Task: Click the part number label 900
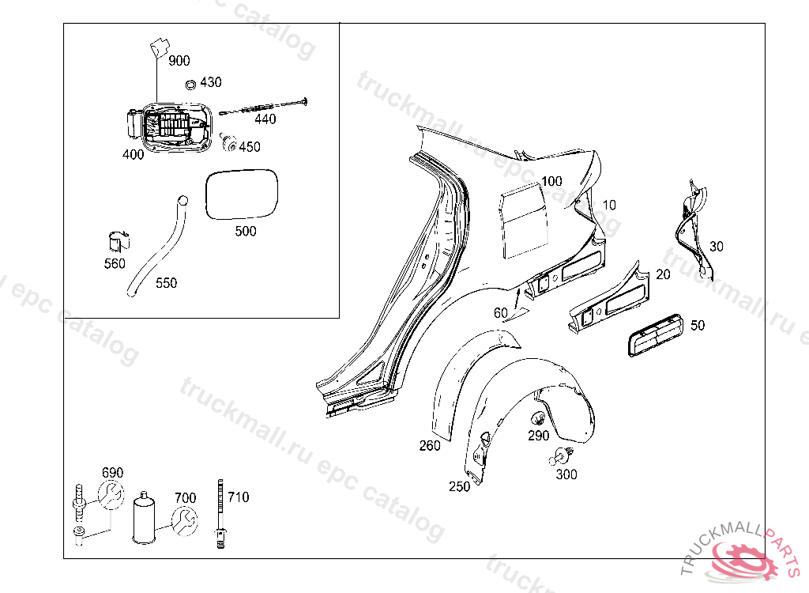[x=179, y=61]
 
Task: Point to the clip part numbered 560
[x=118, y=243]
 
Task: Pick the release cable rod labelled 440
[x=265, y=107]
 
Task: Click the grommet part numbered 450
[x=230, y=142]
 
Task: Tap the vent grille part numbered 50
[x=655, y=336]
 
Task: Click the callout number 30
[x=716, y=246]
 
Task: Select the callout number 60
[x=501, y=312]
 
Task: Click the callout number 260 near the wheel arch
[x=430, y=446]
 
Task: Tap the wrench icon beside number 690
[x=111, y=497]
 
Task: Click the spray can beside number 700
[x=145, y=518]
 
